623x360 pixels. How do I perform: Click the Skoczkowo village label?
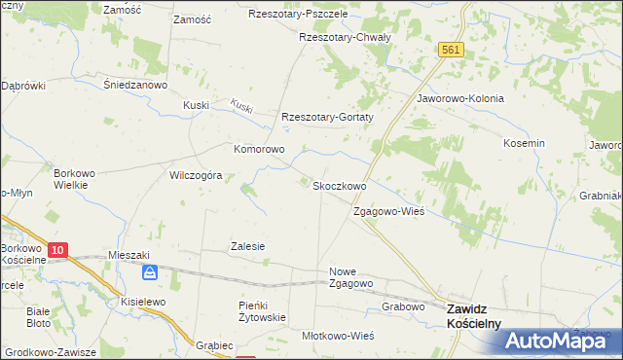[x=338, y=186]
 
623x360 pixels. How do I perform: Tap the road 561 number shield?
[x=449, y=50]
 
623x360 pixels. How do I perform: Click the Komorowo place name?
[x=258, y=150]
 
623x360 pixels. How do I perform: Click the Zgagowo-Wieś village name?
[x=388, y=211]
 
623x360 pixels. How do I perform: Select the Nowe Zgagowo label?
[x=351, y=277]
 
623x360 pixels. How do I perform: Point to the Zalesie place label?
[x=247, y=247]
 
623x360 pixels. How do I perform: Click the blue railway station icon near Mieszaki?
[x=149, y=272]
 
